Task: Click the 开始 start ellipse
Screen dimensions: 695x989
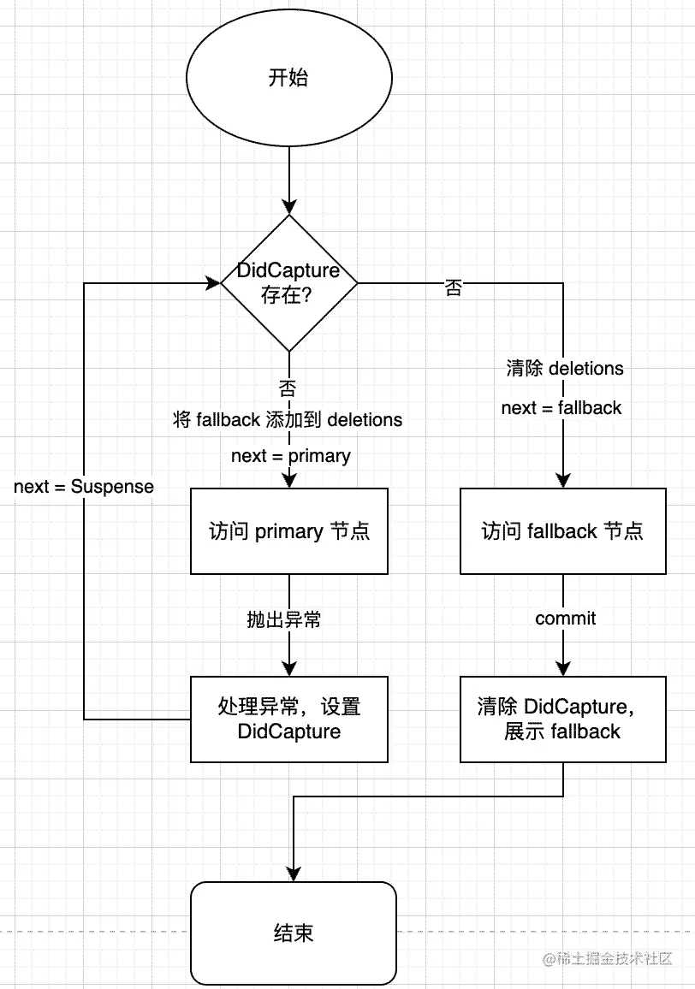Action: pyautogui.click(x=289, y=78)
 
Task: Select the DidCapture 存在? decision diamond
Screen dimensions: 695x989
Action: pyautogui.click(x=289, y=283)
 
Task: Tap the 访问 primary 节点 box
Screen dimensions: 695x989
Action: pyautogui.click(x=289, y=531)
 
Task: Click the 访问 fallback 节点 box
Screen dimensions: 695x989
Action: pyautogui.click(x=563, y=531)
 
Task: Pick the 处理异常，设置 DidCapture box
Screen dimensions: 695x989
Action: pyautogui.click(x=289, y=719)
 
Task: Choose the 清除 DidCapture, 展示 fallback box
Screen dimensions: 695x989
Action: pyautogui.click(x=563, y=719)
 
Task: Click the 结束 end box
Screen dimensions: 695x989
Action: pyautogui.click(x=294, y=933)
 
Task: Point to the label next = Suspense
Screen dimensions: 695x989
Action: pyautogui.click(x=84, y=486)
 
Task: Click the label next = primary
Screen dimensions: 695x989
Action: pyautogui.click(x=291, y=455)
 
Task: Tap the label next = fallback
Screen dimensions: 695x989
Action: pyautogui.click(x=561, y=408)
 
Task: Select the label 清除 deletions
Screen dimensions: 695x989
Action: pyautogui.click(x=565, y=369)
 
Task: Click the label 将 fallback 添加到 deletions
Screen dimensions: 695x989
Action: pyautogui.click(x=288, y=419)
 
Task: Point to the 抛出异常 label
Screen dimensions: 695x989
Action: pyautogui.click(x=284, y=619)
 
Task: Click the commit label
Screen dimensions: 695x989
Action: pyautogui.click(x=566, y=619)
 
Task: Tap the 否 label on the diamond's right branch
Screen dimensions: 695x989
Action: pyautogui.click(x=454, y=287)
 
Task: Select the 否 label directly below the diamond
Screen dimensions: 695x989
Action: pyautogui.click(x=288, y=388)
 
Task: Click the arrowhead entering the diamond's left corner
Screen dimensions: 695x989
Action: pyautogui.click(x=213, y=283)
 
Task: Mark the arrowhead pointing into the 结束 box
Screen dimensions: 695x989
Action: pyautogui.click(x=294, y=874)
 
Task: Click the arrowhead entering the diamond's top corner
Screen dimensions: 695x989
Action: pyautogui.click(x=289, y=207)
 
